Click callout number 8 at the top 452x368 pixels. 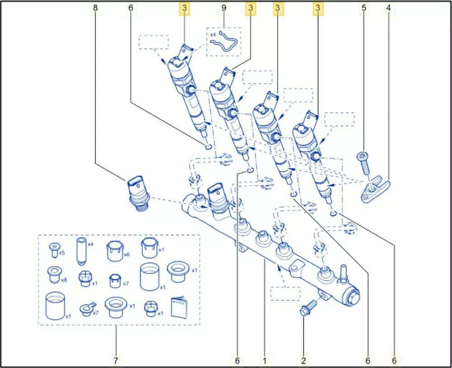[95, 8]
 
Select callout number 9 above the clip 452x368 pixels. [224, 8]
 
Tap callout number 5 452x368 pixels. [363, 8]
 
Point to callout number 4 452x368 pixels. [389, 8]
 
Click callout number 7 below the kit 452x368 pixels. [116, 360]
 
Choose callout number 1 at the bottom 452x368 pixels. [264, 360]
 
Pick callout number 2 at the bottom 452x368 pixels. [304, 360]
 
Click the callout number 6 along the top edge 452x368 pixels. [131, 8]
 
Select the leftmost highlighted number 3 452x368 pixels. [184, 8]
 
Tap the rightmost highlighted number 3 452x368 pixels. [319, 8]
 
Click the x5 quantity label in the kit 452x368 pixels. [62, 253]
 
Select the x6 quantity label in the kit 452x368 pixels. [127, 255]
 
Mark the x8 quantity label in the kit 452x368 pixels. [63, 280]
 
